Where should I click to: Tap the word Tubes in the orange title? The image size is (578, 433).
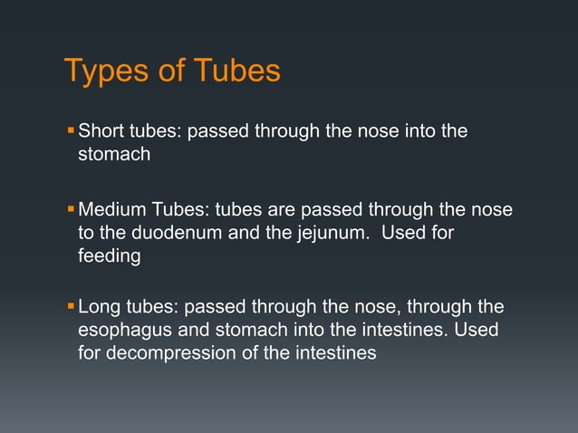click(x=236, y=71)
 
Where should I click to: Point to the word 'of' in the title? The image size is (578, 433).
click(x=171, y=71)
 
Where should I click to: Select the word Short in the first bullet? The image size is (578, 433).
click(x=101, y=132)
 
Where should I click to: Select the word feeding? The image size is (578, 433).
click(x=109, y=257)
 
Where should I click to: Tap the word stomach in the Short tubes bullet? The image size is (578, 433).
click(x=114, y=155)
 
